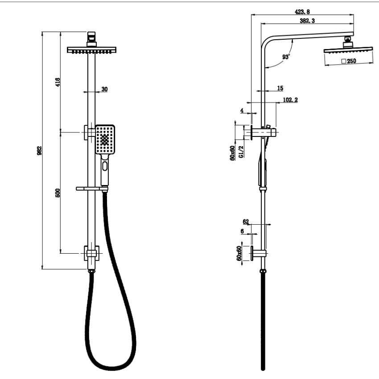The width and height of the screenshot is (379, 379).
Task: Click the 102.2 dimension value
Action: pos(290,100)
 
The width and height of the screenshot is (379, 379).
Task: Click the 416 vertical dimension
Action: pos(58,82)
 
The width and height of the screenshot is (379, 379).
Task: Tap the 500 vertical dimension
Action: pos(58,193)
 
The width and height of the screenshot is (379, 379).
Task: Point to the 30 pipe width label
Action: pos(104,89)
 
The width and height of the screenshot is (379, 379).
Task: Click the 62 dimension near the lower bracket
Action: pos(246,222)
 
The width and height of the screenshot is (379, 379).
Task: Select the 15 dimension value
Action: pos(280,88)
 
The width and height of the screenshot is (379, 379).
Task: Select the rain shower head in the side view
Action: pos(347,51)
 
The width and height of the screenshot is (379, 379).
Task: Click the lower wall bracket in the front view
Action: pos(91,253)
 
